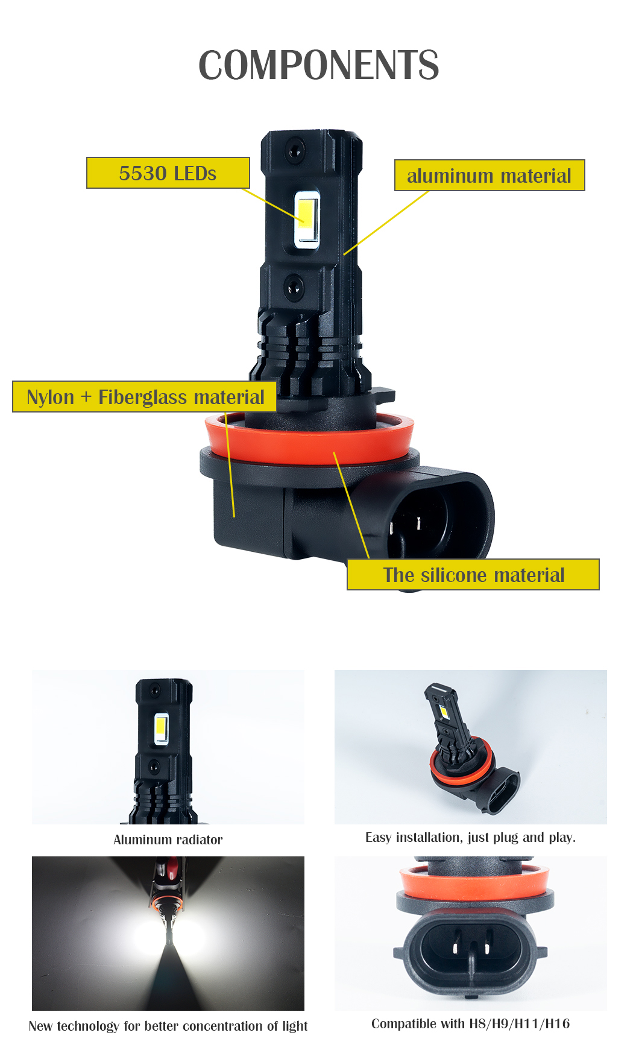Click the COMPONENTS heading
[319, 65]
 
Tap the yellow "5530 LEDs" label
[168, 173]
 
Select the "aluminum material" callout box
[489, 175]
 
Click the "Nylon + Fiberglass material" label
[145, 397]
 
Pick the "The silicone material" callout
[473, 575]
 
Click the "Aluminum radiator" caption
[168, 839]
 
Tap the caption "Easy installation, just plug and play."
[471, 837]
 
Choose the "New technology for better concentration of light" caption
[168, 1026]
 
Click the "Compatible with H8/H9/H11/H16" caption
[471, 1023]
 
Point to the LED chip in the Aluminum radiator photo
[161, 729]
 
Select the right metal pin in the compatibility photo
[486, 950]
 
